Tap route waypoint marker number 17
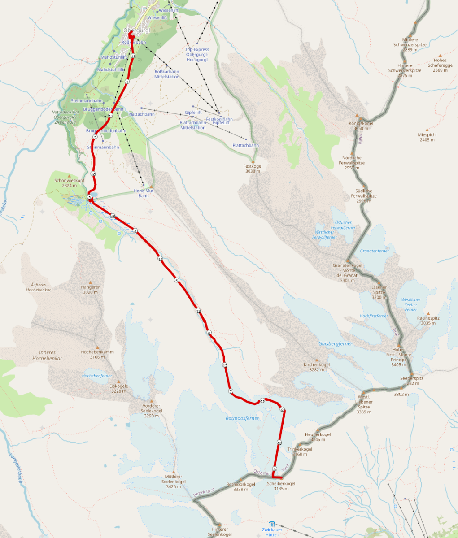tap(111, 116)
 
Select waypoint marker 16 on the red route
tap(93, 174)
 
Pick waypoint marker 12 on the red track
tap(225, 366)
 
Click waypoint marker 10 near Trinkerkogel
tap(279, 443)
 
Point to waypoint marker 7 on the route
tap(231, 391)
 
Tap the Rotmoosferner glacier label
tap(242, 418)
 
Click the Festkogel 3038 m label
tap(254, 168)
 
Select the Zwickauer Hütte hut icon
tap(272, 523)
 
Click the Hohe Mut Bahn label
tap(144, 193)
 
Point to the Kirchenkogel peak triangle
tap(317, 360)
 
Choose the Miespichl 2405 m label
tap(427, 137)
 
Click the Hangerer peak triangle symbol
tap(90, 282)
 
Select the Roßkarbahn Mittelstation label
tap(167, 74)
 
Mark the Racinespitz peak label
tap(428, 320)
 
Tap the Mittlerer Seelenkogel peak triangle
tap(173, 472)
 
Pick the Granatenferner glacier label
tap(375, 251)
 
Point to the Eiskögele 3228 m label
tap(119, 388)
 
